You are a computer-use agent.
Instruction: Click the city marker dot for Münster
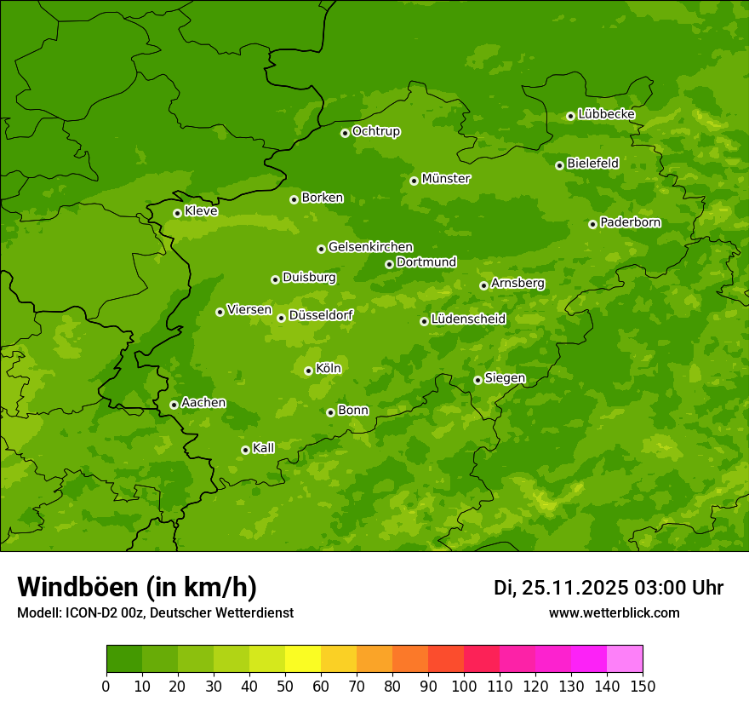pos(414,181)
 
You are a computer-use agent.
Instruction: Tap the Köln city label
pos(329,369)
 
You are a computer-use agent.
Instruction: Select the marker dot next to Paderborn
pos(592,224)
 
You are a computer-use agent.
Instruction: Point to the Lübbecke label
pos(606,114)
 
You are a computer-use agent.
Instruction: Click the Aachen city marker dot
pos(174,405)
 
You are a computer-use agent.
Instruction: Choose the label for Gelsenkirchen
pos(370,247)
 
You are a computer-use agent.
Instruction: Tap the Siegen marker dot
pos(477,380)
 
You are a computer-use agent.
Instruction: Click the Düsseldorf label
pos(321,315)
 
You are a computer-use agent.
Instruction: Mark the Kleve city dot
pos(177,213)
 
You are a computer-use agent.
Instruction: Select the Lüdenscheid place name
pos(468,319)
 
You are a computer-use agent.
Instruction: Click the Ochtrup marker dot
pos(345,133)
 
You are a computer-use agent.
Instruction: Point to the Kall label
pos(264,448)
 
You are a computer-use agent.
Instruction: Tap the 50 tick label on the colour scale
pos(285,686)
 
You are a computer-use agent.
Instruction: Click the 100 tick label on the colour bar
pos(464,686)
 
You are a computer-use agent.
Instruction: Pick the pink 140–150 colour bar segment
pos(625,659)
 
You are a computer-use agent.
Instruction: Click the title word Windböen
pos(77,588)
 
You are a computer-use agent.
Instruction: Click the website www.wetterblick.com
pos(615,612)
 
